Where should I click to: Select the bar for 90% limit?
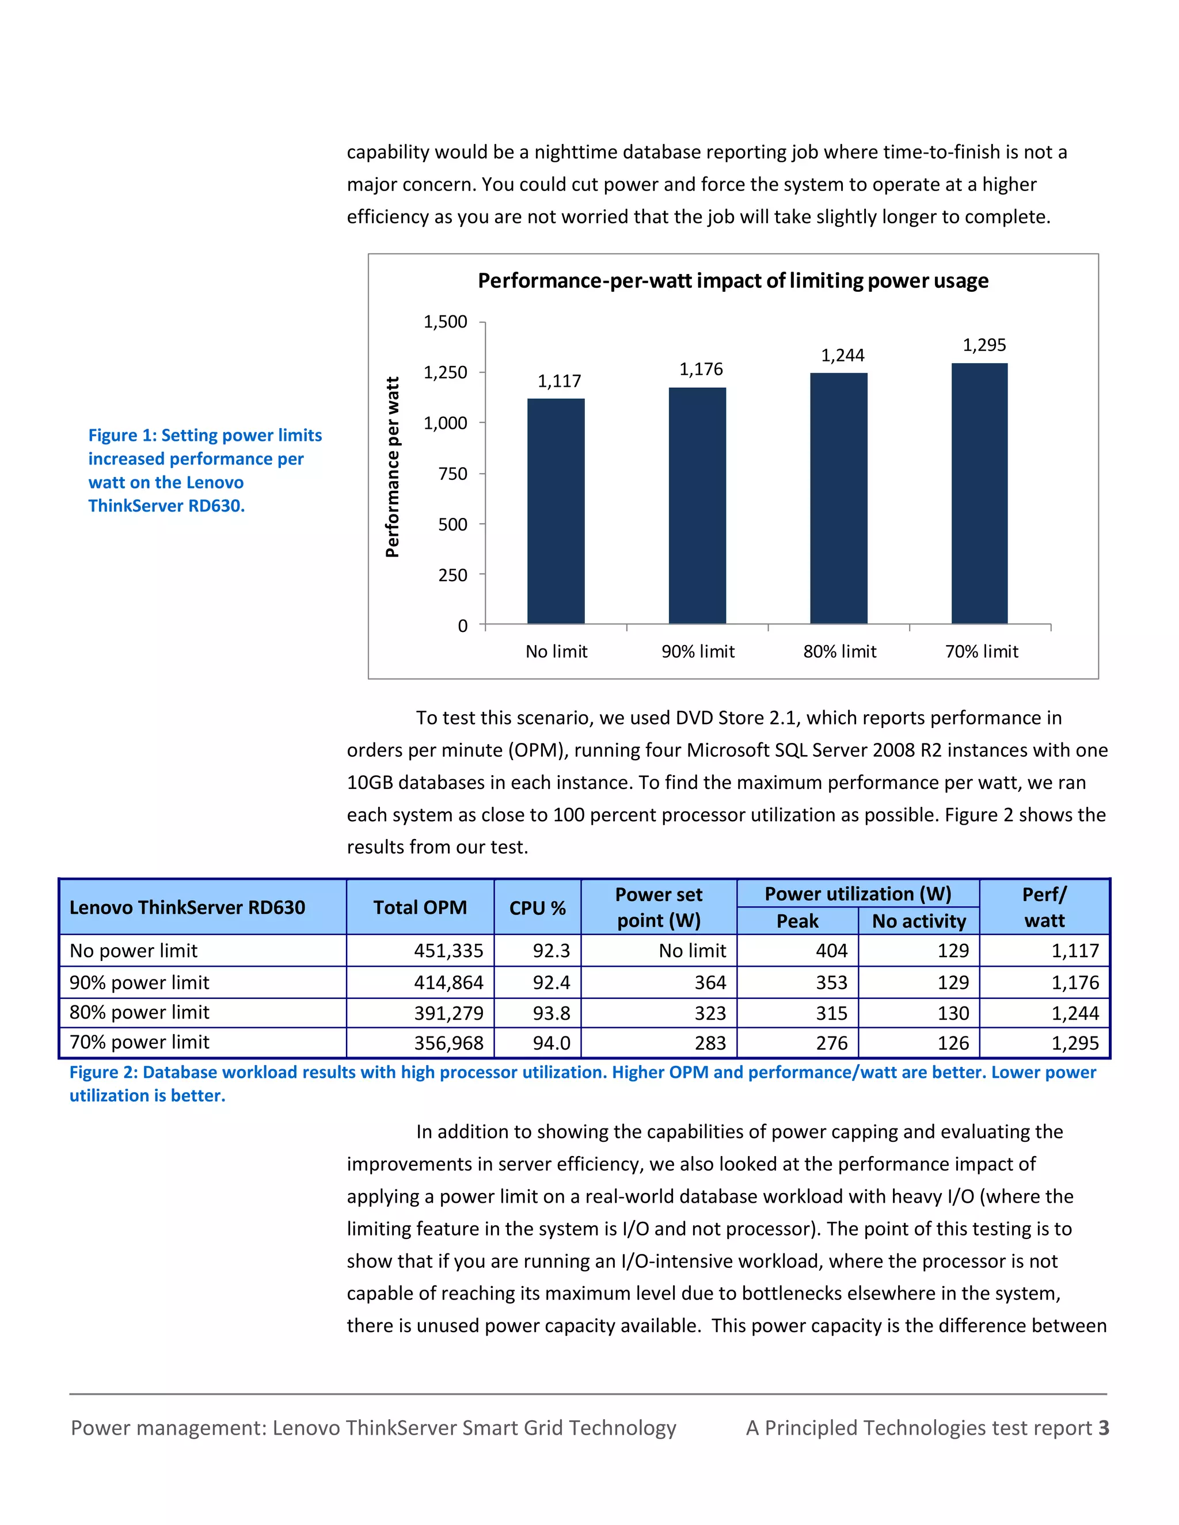click(697, 505)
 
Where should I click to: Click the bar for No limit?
click(556, 511)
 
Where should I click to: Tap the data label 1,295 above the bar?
click(984, 345)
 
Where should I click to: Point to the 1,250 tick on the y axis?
click(445, 372)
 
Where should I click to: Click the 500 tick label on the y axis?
click(452, 524)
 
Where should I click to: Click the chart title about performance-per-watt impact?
click(733, 281)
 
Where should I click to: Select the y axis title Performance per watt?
click(393, 467)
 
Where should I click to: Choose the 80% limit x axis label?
click(839, 651)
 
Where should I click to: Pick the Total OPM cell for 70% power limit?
click(448, 1043)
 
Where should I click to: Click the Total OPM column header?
click(420, 907)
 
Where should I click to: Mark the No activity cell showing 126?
click(953, 1043)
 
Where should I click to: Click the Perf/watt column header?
click(1044, 907)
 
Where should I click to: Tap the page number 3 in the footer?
click(1104, 1427)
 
